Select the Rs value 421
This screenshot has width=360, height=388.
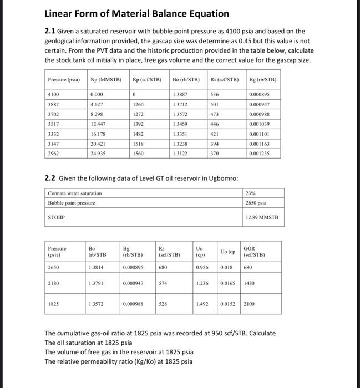pos(215,133)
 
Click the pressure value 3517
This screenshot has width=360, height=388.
pos(54,124)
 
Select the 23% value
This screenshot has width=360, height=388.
pos(251,193)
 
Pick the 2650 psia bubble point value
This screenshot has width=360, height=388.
pos(256,203)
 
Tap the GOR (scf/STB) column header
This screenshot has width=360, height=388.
pos(260,252)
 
